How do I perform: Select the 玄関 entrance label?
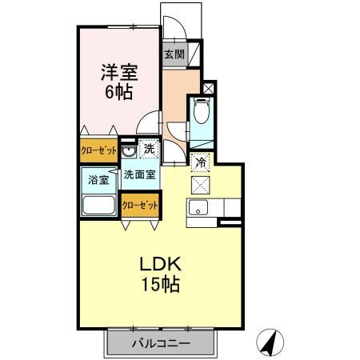174,55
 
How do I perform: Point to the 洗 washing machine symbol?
148,147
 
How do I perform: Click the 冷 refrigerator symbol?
202,162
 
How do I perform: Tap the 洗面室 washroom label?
139,173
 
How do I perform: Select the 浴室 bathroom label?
98,180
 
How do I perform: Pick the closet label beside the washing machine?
98,150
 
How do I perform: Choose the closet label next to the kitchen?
139,205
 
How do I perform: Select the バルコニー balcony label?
161,344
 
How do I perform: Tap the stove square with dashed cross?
202,183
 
